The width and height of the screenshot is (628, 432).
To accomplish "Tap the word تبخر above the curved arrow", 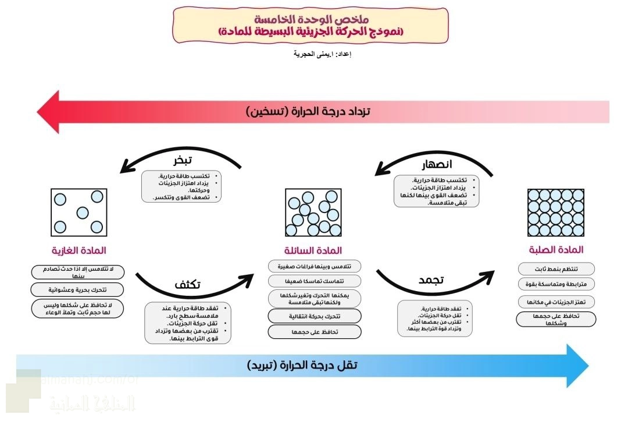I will (183, 160).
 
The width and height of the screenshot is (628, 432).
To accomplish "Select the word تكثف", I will (188, 285).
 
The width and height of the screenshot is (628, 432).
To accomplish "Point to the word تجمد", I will (431, 280).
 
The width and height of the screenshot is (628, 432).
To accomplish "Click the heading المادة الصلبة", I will (555, 250).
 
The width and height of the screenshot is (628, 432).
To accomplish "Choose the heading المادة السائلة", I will (314, 251).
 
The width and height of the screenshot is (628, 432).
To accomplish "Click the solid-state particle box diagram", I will (555, 213).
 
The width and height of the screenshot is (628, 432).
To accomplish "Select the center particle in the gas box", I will (83, 212).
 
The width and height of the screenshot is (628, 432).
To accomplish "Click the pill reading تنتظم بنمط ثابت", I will (556, 268).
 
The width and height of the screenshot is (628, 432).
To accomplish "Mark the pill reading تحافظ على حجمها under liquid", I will (314, 332).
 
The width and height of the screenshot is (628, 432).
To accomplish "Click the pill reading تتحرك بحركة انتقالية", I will (314, 316).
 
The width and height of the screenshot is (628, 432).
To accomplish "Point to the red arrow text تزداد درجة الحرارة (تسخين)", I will (308, 111).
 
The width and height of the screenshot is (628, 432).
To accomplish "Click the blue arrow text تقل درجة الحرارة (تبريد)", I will (302, 366).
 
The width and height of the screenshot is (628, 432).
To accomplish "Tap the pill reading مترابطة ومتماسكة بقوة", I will (556, 284).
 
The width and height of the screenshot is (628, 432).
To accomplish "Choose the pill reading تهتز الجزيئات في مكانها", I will (556, 302).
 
